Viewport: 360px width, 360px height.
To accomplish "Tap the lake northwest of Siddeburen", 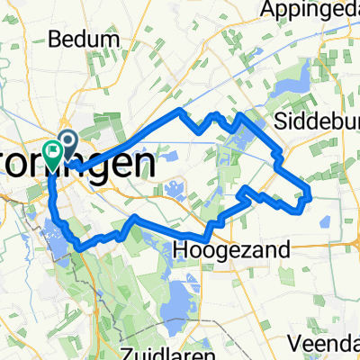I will pos(293,88).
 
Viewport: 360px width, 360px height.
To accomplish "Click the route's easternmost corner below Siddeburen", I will pos(310,193).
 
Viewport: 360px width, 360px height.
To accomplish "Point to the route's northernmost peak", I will pos(182,110).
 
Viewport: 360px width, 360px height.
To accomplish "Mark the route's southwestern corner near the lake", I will pos(79,246).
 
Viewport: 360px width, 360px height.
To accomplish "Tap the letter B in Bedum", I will pos(58,40).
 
